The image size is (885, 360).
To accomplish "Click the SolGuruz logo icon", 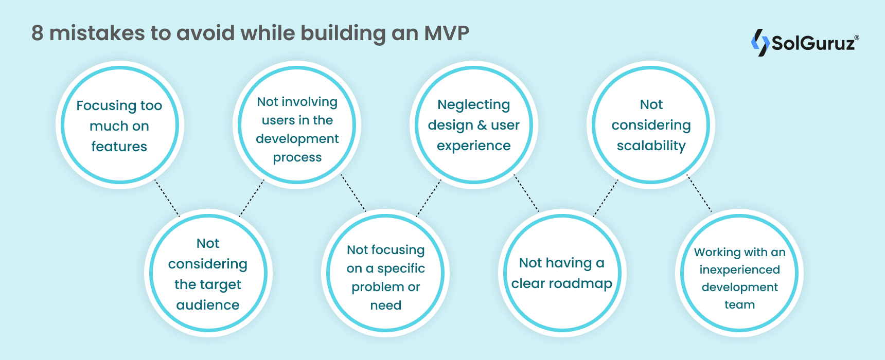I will (760, 42).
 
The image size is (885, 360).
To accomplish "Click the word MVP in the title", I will (446, 33).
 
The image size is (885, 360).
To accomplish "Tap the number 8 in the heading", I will (37, 33).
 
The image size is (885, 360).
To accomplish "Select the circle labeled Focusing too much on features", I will (119, 125).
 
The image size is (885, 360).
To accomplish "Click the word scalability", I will (651, 146).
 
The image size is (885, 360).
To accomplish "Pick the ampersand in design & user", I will (482, 125).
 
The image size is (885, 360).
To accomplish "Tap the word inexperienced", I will (739, 269).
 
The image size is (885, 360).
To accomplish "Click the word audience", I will (207, 305).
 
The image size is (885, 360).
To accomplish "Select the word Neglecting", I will (473, 104).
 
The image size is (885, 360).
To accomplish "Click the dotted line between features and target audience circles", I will (167, 198).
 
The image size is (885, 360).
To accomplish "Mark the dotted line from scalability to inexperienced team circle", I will (700, 194).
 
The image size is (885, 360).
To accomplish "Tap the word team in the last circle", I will (739, 304).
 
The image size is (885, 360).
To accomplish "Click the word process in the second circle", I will (297, 157).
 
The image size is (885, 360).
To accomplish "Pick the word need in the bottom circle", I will (385, 305).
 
